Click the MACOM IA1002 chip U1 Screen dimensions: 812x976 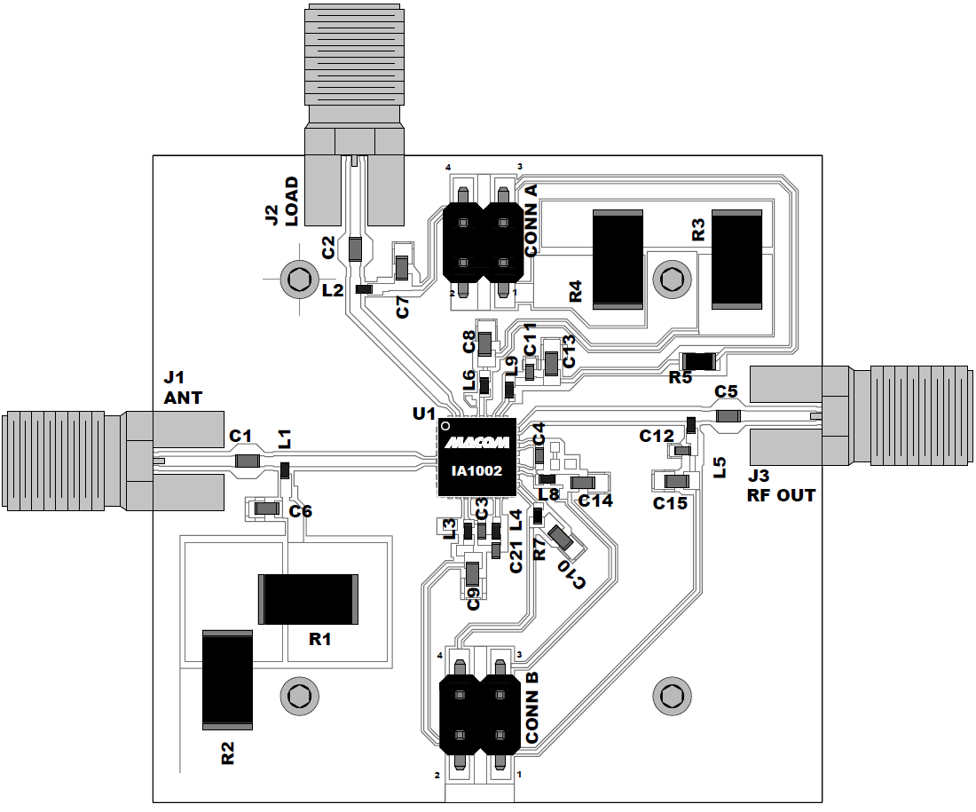[x=476, y=457]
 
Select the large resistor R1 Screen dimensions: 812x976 [x=307, y=599]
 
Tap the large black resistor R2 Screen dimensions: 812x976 [x=227, y=677]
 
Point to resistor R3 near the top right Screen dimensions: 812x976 [x=736, y=259]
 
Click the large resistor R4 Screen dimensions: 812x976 [x=617, y=259]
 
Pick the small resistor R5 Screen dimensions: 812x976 [x=697, y=360]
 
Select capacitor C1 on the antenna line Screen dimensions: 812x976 [x=247, y=461]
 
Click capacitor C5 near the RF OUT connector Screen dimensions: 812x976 [x=728, y=416]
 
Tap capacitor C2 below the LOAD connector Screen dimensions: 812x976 [x=355, y=248]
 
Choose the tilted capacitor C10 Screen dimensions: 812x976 [x=560, y=537]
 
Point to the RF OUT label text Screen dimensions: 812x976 [x=780, y=496]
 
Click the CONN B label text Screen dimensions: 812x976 [x=531, y=707]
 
